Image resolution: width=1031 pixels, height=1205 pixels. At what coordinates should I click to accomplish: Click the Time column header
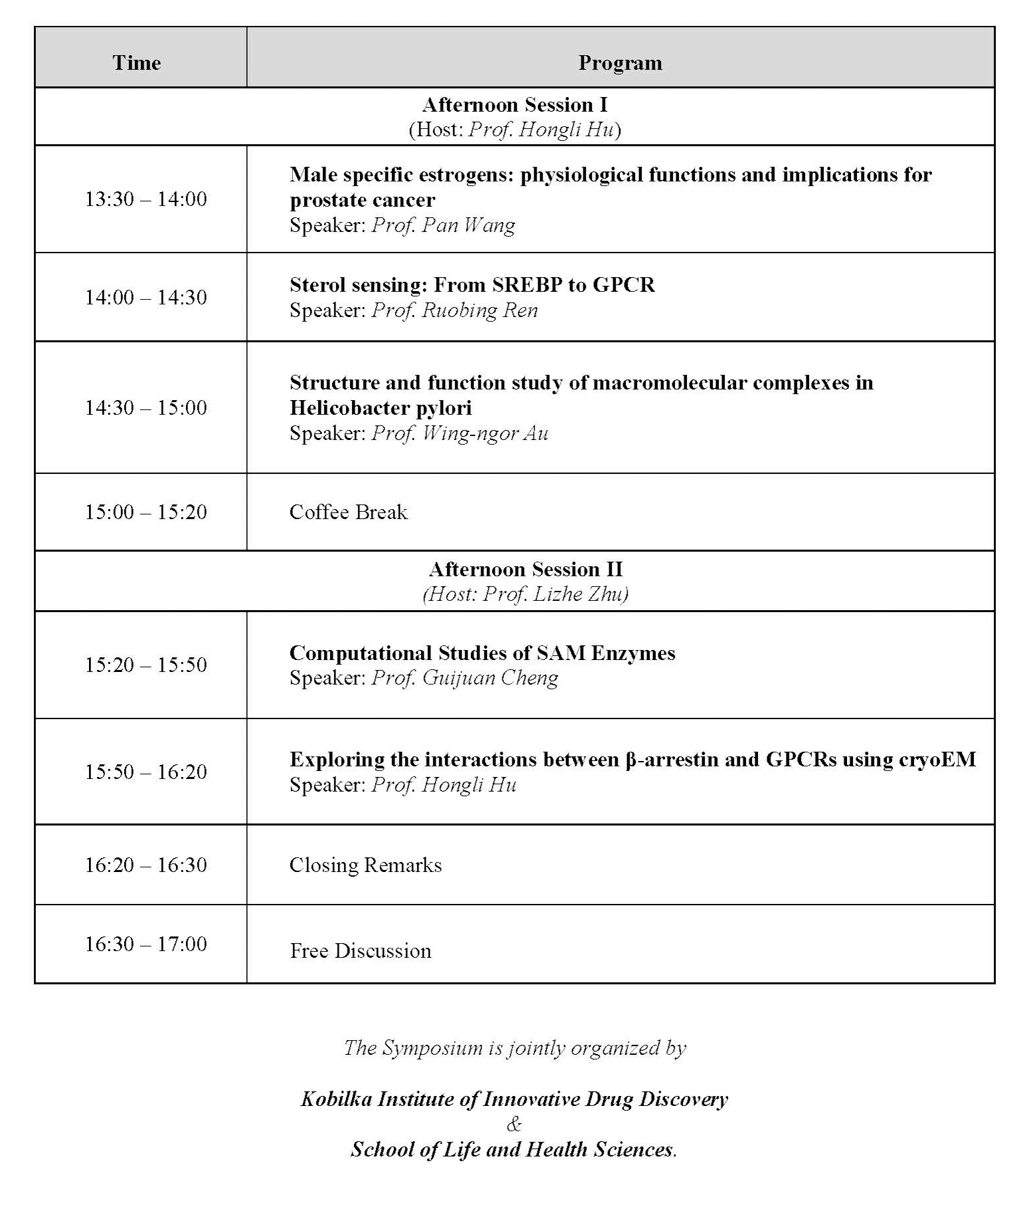[136, 62]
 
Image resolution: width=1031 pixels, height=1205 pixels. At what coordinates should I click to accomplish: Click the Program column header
[620, 62]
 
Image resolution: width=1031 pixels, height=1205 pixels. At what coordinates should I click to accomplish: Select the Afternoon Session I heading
[514, 104]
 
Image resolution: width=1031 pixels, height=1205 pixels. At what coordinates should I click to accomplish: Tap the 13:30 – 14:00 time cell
[145, 199]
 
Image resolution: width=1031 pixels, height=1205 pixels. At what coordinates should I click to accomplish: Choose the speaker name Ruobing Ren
[480, 310]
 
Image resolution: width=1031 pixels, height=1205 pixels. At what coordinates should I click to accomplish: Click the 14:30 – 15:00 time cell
[145, 407]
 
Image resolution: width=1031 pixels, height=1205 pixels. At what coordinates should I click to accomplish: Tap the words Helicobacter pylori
[380, 407]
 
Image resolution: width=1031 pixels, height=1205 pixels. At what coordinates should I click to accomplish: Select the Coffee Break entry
[348, 512]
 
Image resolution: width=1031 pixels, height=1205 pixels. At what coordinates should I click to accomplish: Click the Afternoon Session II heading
[525, 569]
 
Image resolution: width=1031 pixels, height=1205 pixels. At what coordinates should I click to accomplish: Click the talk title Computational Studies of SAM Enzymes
[482, 653]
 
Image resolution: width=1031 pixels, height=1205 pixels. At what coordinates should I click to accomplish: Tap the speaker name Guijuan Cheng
[490, 678]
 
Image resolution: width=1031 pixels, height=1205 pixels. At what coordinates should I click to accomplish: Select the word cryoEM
[937, 759]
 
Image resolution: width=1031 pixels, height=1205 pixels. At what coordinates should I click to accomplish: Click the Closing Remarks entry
[365, 865]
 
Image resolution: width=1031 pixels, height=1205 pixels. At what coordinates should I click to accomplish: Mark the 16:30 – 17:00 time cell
[145, 944]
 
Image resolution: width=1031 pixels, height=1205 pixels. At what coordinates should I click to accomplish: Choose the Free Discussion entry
[360, 950]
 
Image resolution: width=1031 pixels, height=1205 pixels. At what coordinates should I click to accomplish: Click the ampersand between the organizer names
[514, 1124]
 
